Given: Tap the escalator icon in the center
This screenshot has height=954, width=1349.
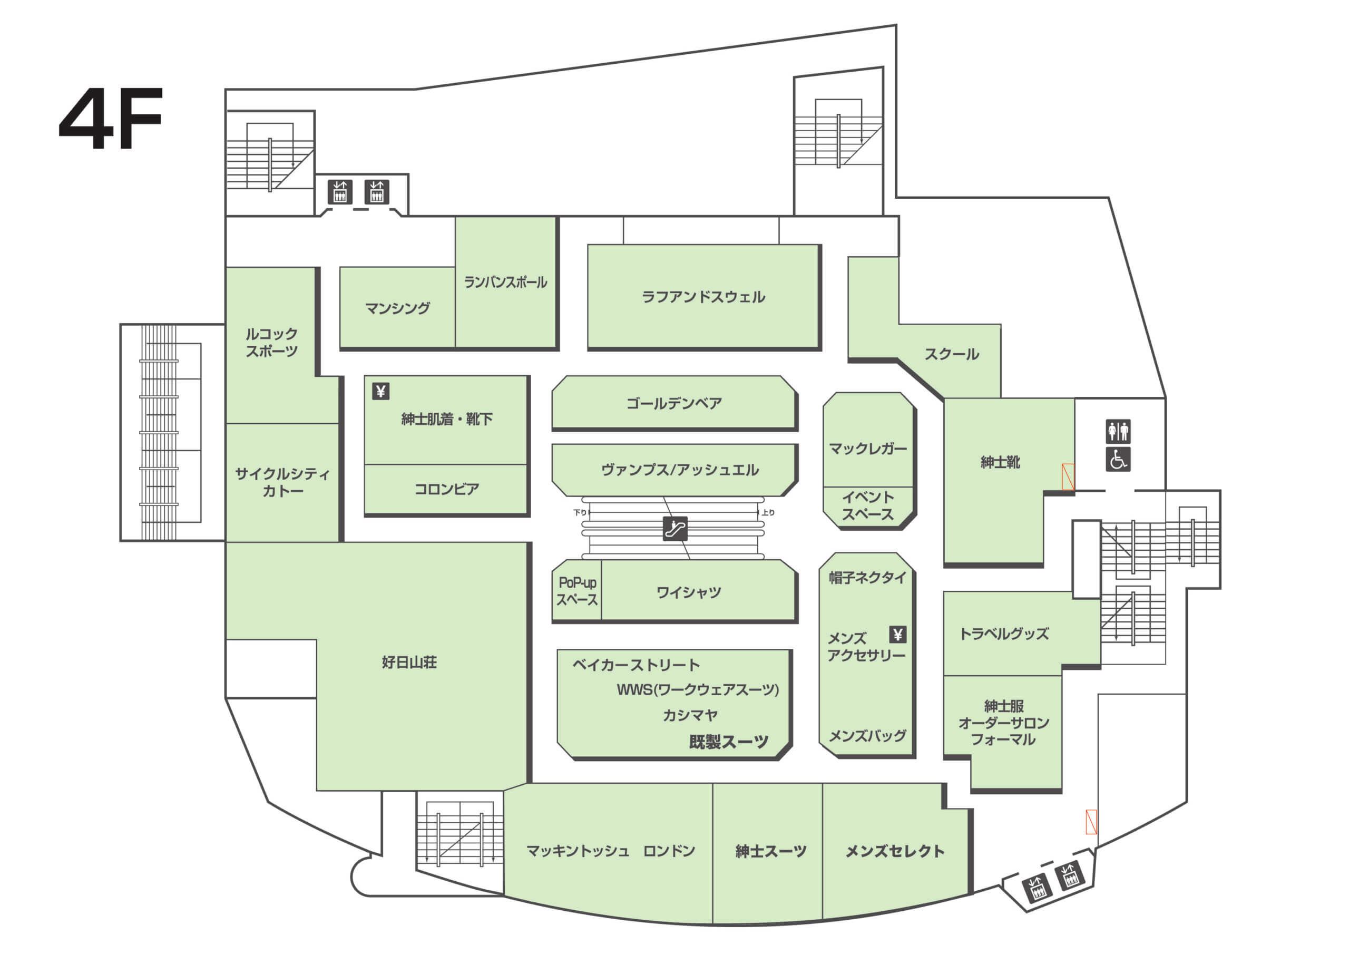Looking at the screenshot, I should point(674,529).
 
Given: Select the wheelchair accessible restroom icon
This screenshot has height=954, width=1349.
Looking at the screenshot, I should point(1118,459).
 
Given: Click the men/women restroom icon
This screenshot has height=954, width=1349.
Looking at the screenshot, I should point(1118,431).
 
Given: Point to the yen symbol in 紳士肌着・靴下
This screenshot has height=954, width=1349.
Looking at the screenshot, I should point(381,391).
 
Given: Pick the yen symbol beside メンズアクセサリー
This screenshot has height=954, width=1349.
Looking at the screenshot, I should point(897,634).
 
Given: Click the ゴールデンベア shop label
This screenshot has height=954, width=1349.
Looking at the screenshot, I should point(673,403).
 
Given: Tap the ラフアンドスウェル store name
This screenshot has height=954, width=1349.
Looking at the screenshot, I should point(703,297).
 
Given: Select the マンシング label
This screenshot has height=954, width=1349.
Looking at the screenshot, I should point(397,308).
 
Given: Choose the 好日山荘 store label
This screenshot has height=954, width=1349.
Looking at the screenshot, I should point(409,663).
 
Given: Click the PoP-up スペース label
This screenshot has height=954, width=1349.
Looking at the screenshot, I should point(576,591).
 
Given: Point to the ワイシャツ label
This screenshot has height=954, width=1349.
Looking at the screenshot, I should point(688,592).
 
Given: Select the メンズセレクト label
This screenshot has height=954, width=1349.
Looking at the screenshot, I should point(894,851).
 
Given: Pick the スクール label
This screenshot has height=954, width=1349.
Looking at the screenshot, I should point(951,354).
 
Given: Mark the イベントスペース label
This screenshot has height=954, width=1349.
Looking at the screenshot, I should point(867,505).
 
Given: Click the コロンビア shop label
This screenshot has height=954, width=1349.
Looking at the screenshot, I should point(446,489).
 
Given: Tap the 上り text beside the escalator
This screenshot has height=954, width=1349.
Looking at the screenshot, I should point(768,512).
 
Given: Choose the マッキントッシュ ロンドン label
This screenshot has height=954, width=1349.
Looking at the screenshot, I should point(610,851).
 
